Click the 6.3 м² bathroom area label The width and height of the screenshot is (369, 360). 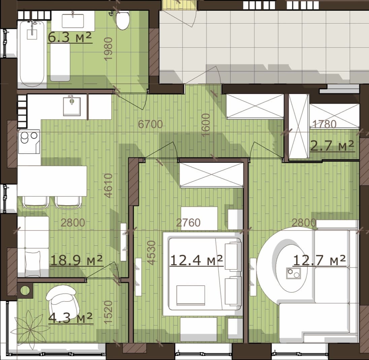pyautogui.click(x=70, y=37)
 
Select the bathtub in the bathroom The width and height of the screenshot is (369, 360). pyautogui.click(x=32, y=54)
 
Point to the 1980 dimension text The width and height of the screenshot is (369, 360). pyautogui.click(x=108, y=49)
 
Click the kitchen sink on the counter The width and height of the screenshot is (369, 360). pyautogui.click(x=72, y=107)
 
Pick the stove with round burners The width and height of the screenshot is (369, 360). pyautogui.click(x=29, y=141)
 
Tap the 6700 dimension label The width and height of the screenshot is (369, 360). pyautogui.click(x=150, y=124)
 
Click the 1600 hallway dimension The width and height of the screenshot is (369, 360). pyautogui.click(x=205, y=125)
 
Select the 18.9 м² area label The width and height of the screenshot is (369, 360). pyautogui.click(x=76, y=260)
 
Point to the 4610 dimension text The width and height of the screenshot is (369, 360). pyautogui.click(x=108, y=185)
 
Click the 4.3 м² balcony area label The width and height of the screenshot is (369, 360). pyautogui.click(x=70, y=318)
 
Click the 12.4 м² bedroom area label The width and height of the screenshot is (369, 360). pyautogui.click(x=196, y=260)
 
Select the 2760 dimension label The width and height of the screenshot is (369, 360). pyautogui.click(x=188, y=223)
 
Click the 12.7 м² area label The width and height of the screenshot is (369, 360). pyautogui.click(x=320, y=261)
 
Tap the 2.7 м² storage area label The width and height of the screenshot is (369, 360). pyautogui.click(x=332, y=146)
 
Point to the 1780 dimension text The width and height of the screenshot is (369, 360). pyautogui.click(x=324, y=124)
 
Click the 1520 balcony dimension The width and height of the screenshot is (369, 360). pyautogui.click(x=108, y=312)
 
